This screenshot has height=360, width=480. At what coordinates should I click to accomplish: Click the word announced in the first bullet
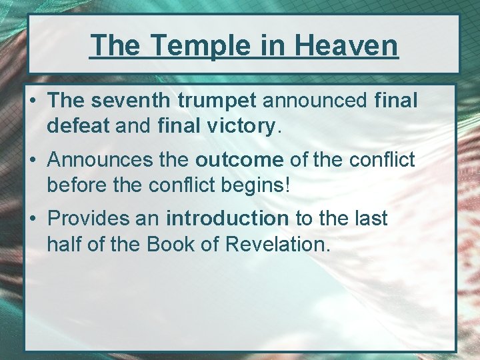pyautogui.click(x=315, y=101)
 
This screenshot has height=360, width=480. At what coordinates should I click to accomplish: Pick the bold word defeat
pyautogui.click(x=78, y=126)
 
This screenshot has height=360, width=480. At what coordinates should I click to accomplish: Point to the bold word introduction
pyautogui.click(x=227, y=219)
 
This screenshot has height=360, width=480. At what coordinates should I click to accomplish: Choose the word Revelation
pyautogui.click(x=277, y=244)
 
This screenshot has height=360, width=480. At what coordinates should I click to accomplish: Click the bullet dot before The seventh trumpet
pyautogui.click(x=33, y=101)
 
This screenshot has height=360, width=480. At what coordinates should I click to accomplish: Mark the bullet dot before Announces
pyautogui.click(x=33, y=161)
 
